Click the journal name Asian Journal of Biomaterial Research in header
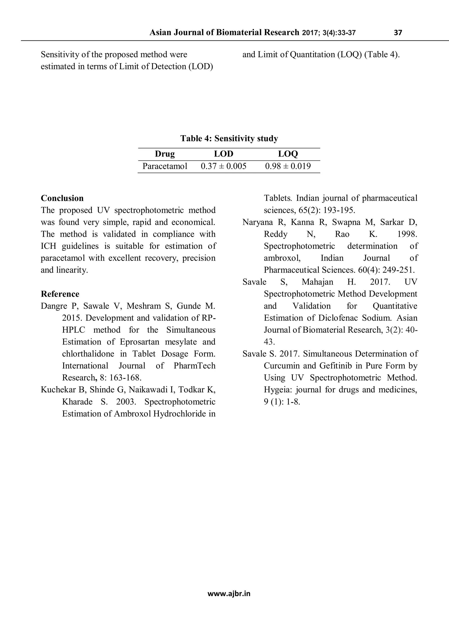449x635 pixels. click(x=224, y=33)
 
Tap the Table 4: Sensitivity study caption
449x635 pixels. click(x=229, y=138)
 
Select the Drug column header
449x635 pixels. click(x=165, y=154)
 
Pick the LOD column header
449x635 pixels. click(x=224, y=154)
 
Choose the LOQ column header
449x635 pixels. click(x=288, y=154)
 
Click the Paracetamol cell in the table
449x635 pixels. click(x=165, y=166)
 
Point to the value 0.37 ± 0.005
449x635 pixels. click(x=224, y=166)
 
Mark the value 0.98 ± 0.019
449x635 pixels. click(x=288, y=166)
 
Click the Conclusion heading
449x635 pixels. click(x=62, y=198)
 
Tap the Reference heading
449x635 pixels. click(x=60, y=294)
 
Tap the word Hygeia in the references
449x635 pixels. click(x=278, y=390)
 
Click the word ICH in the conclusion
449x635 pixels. click(x=48, y=246)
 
